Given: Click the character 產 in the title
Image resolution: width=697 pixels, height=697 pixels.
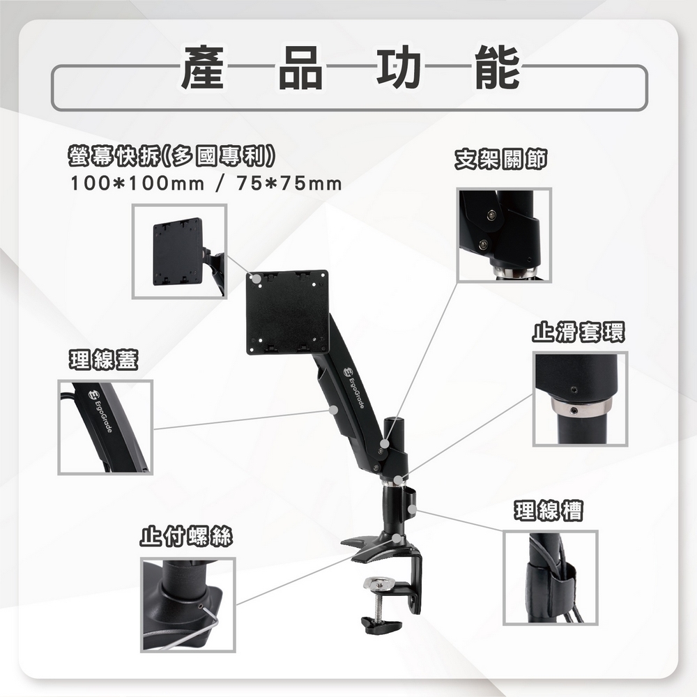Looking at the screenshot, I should coord(202,68).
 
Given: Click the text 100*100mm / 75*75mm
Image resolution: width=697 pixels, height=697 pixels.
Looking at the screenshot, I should coord(206,184).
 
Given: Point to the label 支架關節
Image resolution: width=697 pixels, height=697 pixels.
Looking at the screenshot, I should coord(500,160).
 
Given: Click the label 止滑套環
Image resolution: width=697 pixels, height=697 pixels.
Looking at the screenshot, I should coord(579,332).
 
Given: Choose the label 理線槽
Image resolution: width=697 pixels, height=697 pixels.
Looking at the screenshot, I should coord(549,511).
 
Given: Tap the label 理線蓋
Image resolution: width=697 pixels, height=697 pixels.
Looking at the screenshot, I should coord(103,360).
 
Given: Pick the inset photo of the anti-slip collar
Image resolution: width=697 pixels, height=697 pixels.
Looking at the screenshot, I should coord(580,399).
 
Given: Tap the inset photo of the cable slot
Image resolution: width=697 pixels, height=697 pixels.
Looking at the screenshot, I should coord(551,577).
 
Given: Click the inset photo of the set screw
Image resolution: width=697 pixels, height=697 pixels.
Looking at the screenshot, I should coord(188,604).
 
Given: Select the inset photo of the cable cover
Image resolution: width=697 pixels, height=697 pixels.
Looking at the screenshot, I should coord(105,427).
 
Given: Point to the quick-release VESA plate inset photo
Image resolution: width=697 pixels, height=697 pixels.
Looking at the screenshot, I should coord(179,251).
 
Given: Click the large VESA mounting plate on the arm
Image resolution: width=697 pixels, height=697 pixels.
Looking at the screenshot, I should coord(287,312).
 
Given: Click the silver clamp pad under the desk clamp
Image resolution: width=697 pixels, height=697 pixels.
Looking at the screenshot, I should coord(382,581).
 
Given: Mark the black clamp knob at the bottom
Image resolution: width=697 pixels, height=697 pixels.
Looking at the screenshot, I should coord(378,622).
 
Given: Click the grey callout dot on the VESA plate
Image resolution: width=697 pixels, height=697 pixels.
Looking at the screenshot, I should coord(257,279).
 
